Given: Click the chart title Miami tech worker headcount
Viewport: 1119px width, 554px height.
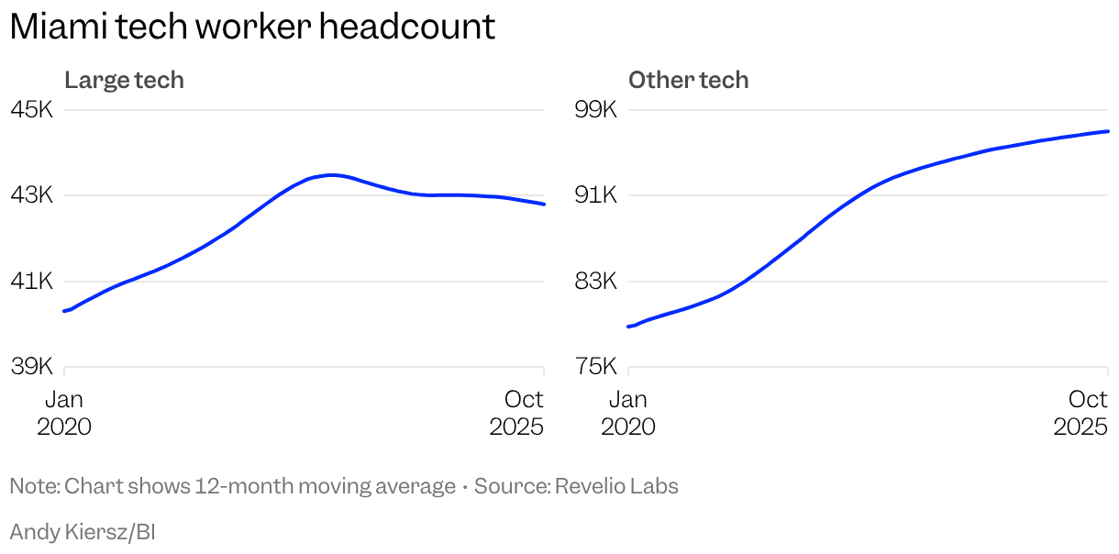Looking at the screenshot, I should coord(252,27).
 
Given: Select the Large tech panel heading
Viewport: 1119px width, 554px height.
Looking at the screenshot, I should coord(124,81).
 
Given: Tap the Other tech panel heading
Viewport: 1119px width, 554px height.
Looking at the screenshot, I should coord(688,81).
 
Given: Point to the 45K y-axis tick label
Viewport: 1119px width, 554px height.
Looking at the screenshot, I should coord(32,110).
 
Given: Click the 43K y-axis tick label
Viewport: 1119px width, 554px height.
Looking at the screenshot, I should coord(32,195).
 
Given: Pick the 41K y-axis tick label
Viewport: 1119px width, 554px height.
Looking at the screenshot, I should coord(32,281).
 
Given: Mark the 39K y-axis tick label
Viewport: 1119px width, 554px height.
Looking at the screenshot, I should coord(32,367).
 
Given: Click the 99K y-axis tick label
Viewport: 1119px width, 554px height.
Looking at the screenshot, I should coord(596,110).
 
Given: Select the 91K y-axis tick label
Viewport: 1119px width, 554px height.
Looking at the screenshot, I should coord(596,195).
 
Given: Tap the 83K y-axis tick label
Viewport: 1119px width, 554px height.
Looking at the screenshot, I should coord(596,281).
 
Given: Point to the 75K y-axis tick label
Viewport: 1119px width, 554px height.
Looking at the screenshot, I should coord(596,367).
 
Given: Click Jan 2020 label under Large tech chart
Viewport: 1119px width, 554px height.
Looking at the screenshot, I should coord(64,413).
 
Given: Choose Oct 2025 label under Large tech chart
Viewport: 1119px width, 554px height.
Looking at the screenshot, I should coord(517,413).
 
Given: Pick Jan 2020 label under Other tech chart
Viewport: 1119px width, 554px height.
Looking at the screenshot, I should coord(628,413).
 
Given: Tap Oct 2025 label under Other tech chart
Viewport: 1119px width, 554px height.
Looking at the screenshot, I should coord(1081,413).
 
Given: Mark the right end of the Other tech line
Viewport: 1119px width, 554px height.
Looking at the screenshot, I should coord(1108,131).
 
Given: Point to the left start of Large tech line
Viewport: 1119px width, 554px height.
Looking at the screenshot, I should coord(64,311).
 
